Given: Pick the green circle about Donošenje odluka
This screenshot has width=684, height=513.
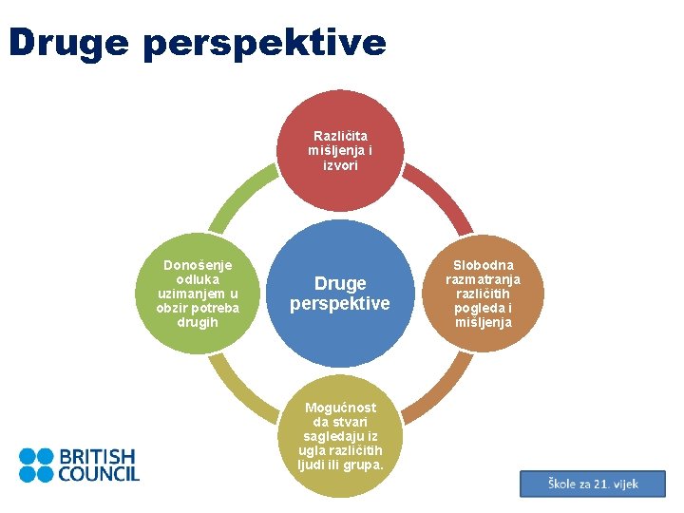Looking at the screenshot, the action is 198,294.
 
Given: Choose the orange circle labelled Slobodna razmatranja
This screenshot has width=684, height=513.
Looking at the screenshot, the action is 483,294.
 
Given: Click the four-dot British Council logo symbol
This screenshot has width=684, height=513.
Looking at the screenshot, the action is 36,465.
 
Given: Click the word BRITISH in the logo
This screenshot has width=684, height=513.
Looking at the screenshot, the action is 97,456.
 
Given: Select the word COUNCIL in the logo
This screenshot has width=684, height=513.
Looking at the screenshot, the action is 99,473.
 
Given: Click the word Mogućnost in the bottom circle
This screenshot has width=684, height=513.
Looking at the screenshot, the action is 340,408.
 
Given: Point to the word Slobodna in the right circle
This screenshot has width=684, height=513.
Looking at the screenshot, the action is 483,265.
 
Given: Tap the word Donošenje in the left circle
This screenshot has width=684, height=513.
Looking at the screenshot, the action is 198,265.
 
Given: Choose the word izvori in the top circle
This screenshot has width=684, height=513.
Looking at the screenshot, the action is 339,164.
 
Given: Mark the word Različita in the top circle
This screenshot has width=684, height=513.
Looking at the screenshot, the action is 339,136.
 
